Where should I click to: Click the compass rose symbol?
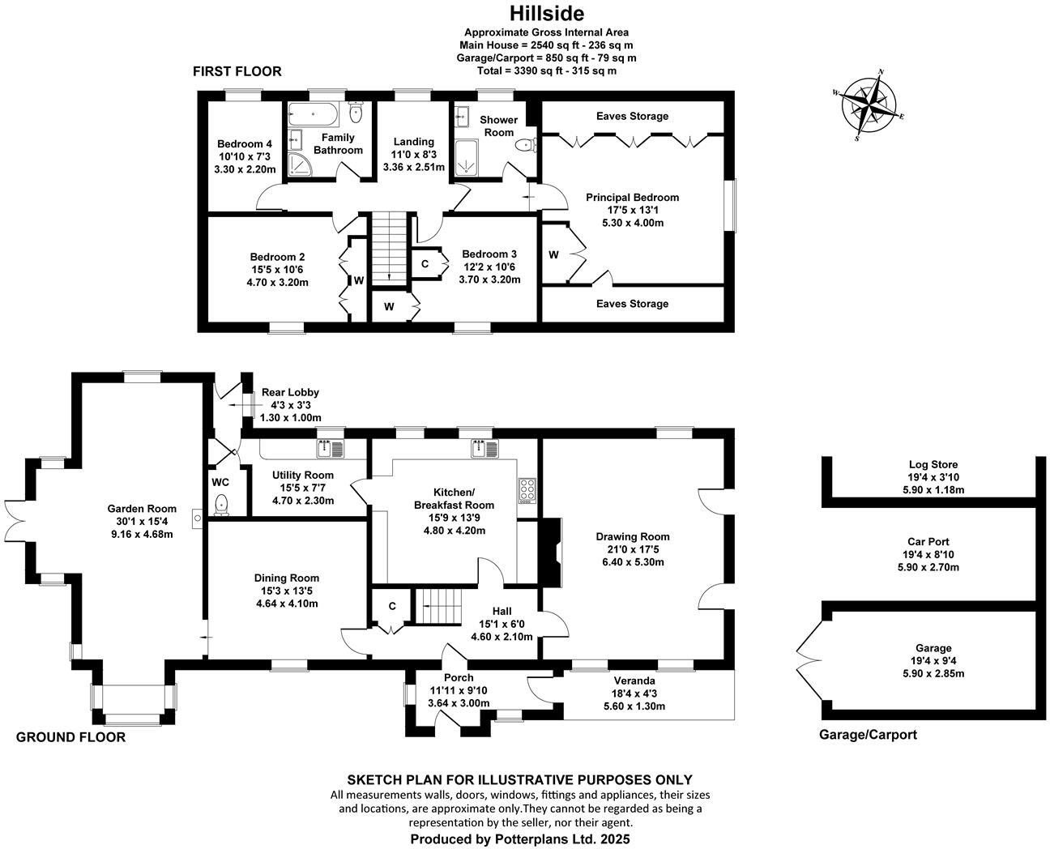[x=869, y=105]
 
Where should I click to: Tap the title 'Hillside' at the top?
[x=546, y=14]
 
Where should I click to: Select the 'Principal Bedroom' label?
[x=632, y=198]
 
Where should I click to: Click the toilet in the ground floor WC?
[x=221, y=506]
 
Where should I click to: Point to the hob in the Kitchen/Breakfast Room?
[x=527, y=491]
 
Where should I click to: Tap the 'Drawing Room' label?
[x=632, y=537]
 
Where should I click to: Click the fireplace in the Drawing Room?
[x=550, y=552]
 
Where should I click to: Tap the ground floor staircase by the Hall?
[x=437, y=607]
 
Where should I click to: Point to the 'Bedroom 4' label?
[x=244, y=144]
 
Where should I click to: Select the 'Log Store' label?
[x=933, y=465]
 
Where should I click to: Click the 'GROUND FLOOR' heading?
[x=71, y=737]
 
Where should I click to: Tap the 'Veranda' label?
[x=634, y=680]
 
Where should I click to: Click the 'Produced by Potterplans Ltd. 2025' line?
[x=519, y=839]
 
